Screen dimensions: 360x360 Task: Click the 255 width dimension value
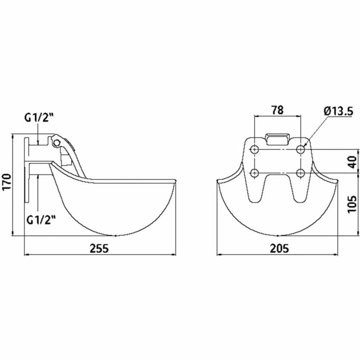coord(99,248)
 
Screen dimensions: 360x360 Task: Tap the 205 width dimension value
coord(279,248)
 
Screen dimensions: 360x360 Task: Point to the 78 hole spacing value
coord(278,110)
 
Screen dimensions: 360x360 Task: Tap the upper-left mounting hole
coord(255,150)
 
